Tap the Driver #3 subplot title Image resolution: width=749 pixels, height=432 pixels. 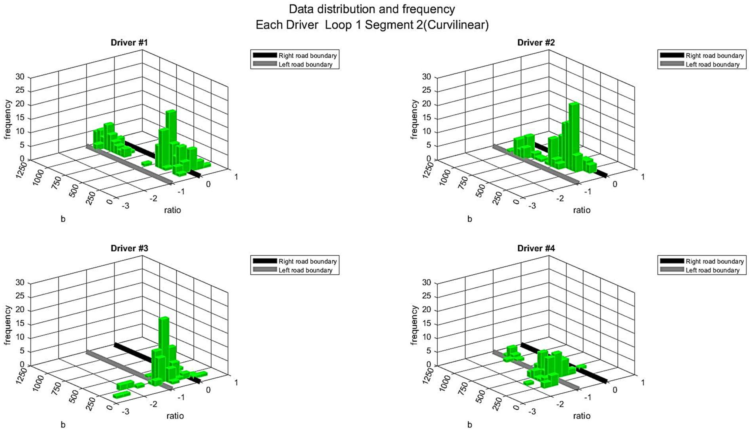click(129, 248)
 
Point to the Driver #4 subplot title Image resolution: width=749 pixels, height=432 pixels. click(536, 248)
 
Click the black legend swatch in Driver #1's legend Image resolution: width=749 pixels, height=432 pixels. click(265, 55)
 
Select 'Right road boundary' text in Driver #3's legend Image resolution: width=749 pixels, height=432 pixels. click(307, 261)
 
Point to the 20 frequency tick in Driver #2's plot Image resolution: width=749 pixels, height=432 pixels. click(427, 104)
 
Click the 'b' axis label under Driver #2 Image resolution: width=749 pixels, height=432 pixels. click(469, 219)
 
